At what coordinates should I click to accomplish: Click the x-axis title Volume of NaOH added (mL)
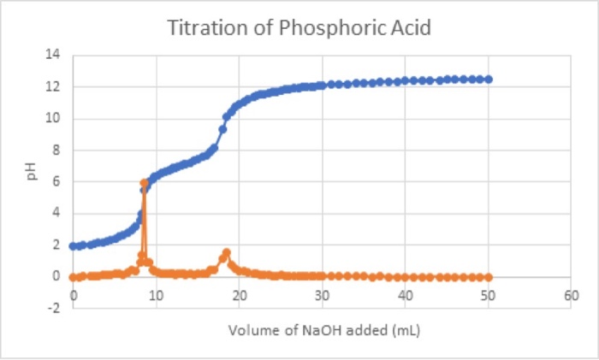coord(322,330)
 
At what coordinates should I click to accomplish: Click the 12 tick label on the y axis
coord(54,87)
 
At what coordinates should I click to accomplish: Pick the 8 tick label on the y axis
coord(56,150)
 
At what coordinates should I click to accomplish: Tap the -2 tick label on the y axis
coord(54,309)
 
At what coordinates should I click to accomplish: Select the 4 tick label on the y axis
coord(56,214)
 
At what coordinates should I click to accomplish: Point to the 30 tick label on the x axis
coord(322,296)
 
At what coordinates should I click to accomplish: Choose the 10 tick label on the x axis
coord(156,296)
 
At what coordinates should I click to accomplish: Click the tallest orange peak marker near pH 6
coord(145,183)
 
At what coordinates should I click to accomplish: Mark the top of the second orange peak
coord(226,253)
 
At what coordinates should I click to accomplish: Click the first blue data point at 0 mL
coord(74,246)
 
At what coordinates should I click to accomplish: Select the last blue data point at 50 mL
coord(488,79)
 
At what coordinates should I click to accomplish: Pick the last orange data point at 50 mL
coord(488,277)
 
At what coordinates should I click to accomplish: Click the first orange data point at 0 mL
coord(74,277)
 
